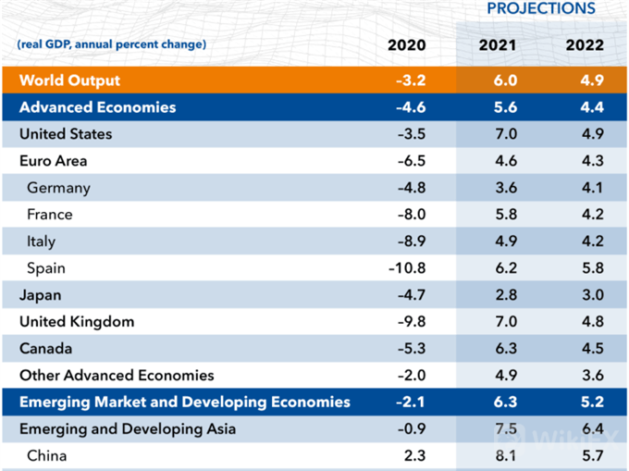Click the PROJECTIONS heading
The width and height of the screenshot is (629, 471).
click(x=541, y=8)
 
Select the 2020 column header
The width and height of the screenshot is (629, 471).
click(x=406, y=45)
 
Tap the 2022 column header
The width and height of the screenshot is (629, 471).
click(x=585, y=45)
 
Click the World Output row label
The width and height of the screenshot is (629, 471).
click(x=70, y=81)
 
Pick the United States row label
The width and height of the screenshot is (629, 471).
click(x=66, y=134)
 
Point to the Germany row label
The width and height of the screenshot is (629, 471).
click(x=58, y=188)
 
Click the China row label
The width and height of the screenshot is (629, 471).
click(x=47, y=456)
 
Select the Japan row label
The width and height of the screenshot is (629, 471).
click(x=40, y=295)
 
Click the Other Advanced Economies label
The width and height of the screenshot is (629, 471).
click(x=117, y=376)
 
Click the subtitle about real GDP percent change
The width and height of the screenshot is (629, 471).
click(x=111, y=44)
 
